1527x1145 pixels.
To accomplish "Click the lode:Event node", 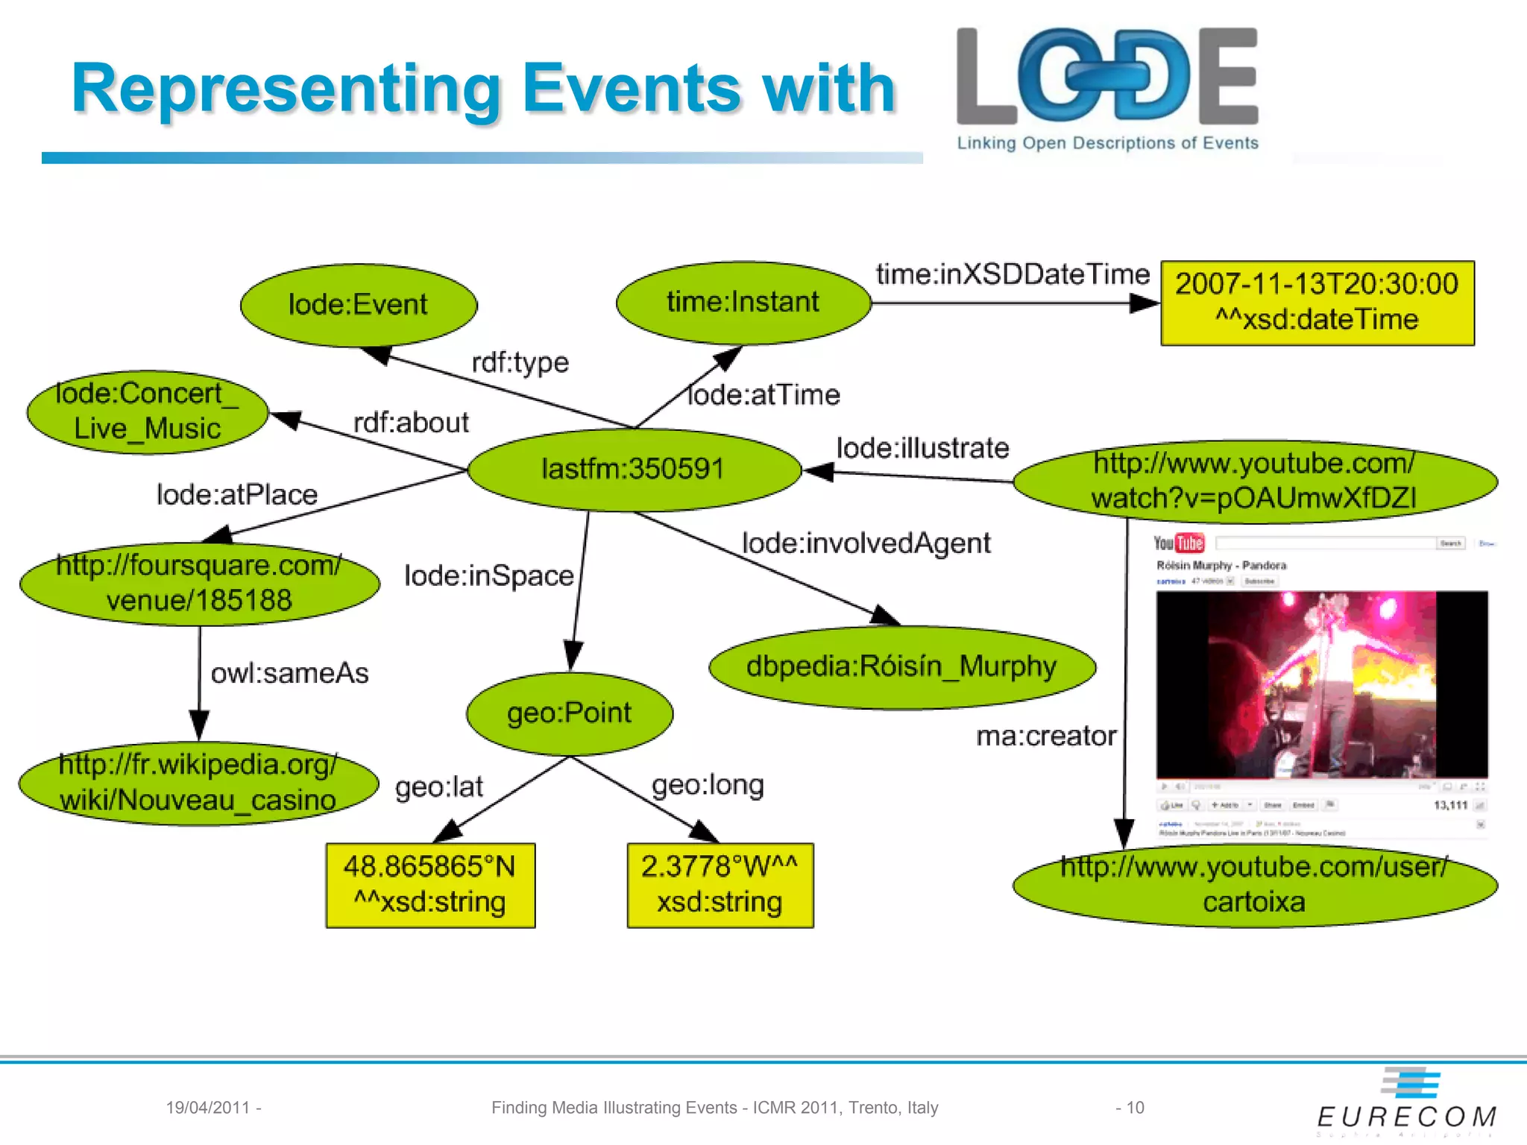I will click(359, 305).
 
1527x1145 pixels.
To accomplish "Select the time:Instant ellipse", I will click(743, 303).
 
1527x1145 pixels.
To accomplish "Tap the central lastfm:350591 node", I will click(634, 470).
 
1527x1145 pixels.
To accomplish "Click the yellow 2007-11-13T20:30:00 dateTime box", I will click(1317, 303).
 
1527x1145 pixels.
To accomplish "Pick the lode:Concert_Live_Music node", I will click(148, 412).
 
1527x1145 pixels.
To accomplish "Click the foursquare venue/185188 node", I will click(199, 584).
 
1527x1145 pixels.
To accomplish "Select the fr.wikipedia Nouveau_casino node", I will click(198, 783).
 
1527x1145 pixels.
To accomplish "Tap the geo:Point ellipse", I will click(570, 713).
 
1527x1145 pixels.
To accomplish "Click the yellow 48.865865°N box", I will click(430, 885).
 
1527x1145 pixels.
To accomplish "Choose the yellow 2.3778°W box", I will click(720, 885).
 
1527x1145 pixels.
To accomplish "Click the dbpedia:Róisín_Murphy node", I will click(901, 666).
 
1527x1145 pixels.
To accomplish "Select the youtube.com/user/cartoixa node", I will click(1254, 885).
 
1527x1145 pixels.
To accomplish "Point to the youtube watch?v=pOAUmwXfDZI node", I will click(1254, 481).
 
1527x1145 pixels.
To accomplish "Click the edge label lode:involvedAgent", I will click(866, 543).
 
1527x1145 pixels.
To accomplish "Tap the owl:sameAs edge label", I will click(289, 673).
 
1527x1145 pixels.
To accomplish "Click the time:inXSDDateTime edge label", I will click(1013, 274).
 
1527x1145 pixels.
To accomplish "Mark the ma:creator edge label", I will click(1046, 736).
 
